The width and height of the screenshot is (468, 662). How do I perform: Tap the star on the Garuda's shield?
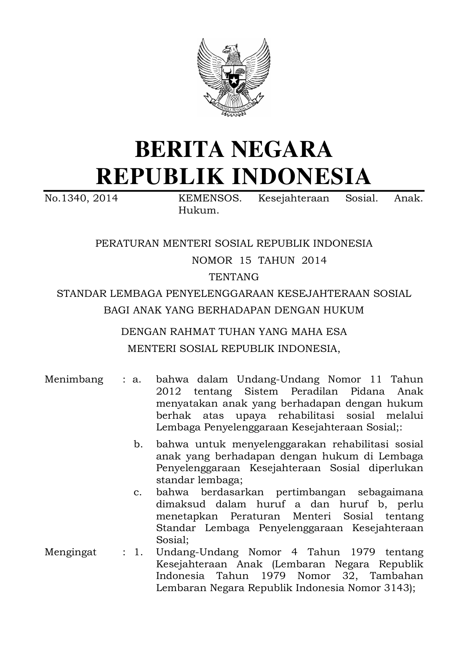pos(234,80)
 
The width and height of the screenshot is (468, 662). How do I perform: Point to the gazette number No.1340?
pos(66,198)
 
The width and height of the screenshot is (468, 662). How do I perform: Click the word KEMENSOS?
pos(210,198)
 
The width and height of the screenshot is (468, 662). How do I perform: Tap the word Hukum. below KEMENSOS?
pos(199,210)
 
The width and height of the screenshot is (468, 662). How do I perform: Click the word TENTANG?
pos(234,277)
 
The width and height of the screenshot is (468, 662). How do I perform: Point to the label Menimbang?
pos(74,379)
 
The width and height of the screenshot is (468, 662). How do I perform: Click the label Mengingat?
pos(71,552)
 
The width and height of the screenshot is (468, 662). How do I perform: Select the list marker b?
pos(139,444)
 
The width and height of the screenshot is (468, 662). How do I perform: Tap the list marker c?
pos(138,492)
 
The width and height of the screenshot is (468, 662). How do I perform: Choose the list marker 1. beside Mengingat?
pos(139,552)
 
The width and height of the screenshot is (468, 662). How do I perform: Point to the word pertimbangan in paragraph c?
pos(311,492)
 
